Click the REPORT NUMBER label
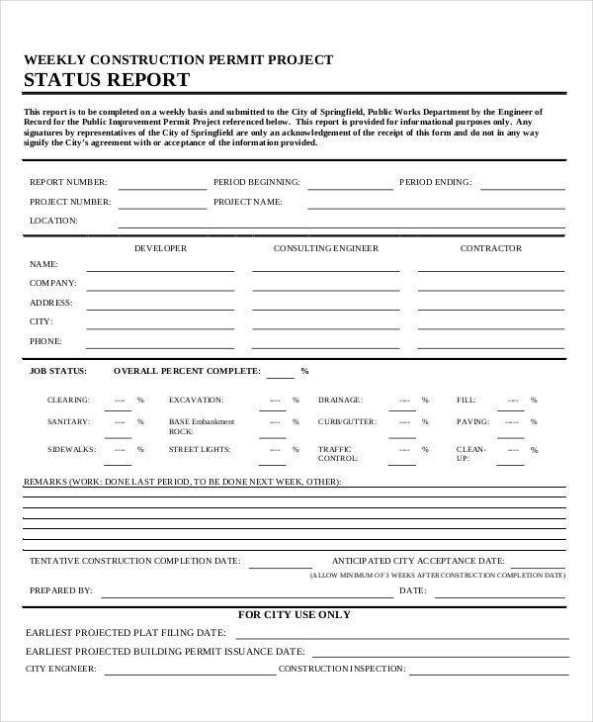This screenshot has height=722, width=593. (x=68, y=182)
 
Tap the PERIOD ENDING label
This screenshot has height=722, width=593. (x=435, y=182)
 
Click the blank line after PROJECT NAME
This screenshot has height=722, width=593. (x=434, y=205)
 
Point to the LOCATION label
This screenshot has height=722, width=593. (x=53, y=221)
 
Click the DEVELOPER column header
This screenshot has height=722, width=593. (x=160, y=248)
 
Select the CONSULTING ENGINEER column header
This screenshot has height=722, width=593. (x=325, y=248)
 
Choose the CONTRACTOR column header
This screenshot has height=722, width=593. (x=490, y=248)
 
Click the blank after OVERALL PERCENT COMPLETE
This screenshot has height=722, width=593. (x=280, y=375)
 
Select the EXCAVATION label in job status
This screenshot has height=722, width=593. (x=196, y=400)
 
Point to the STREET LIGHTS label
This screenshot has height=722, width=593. (x=199, y=449)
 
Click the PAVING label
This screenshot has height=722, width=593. (x=471, y=422)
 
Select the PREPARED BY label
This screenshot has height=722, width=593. (x=61, y=590)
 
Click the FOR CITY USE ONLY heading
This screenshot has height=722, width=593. (x=295, y=614)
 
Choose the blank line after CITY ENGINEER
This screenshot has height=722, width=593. (x=190, y=673)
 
